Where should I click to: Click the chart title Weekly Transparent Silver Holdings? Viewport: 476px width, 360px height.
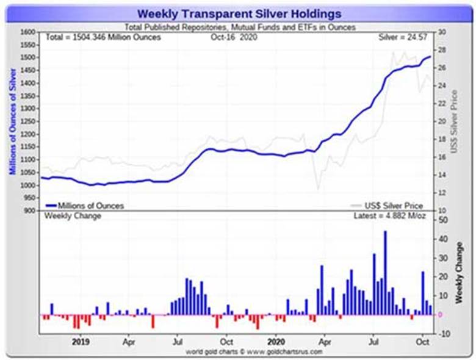tap(239, 13)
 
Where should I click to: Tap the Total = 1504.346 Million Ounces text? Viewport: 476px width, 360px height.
tap(103, 37)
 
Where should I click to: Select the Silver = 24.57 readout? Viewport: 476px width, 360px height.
tap(405, 37)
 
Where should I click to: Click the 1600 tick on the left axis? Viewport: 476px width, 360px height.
tap(28, 32)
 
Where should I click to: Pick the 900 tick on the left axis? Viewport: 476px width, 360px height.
tap(30, 211)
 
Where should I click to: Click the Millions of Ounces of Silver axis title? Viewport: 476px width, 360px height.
tap(13, 121)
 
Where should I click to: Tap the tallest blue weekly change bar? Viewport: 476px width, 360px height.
tap(385, 272)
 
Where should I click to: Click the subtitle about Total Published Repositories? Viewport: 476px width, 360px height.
tap(240, 27)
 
